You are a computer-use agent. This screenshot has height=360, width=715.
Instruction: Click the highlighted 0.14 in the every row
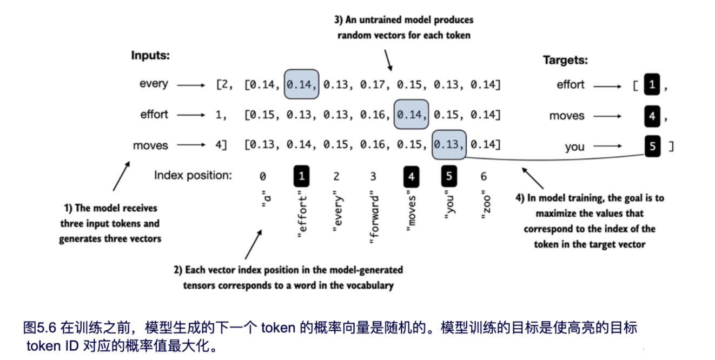point(301,84)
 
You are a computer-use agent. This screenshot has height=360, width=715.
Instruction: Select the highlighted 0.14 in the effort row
point(412,115)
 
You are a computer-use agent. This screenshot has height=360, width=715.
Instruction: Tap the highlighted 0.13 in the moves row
point(449,145)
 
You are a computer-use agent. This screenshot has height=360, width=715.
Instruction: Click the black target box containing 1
point(652,85)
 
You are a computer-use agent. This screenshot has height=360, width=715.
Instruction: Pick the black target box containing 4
point(652,115)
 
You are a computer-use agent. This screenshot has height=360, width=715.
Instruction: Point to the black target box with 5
point(652,146)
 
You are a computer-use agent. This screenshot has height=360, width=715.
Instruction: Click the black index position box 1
point(301,176)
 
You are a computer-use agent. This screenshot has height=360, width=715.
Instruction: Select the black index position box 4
point(412,176)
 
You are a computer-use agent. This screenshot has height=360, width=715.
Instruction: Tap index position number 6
point(484,176)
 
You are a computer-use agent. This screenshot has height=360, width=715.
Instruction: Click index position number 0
point(263,176)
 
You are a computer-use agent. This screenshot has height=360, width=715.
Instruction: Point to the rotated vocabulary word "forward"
point(374,219)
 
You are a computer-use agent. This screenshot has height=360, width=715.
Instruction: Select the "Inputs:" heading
point(150,55)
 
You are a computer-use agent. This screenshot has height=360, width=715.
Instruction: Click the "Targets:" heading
point(565,61)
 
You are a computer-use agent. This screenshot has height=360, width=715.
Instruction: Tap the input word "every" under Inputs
point(154,84)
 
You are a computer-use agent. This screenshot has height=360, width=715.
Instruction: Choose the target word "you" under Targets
point(574,147)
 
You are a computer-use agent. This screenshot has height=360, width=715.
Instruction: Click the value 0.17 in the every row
point(374,84)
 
